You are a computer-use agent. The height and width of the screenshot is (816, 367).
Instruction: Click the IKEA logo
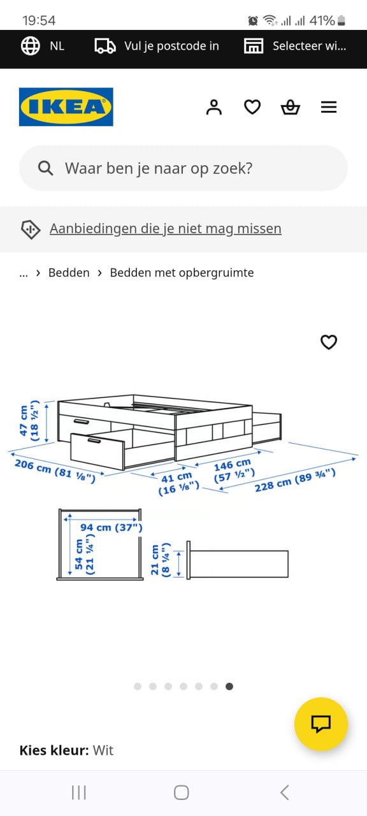click(x=66, y=106)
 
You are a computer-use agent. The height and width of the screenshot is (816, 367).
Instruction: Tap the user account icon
click(x=214, y=107)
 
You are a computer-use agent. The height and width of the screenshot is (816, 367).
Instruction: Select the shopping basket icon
click(x=290, y=107)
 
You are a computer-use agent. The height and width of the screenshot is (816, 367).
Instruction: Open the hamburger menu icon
click(x=329, y=107)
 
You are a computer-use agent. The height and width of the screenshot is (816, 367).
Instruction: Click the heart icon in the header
click(x=252, y=107)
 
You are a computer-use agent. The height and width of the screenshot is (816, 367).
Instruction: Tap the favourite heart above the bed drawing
click(x=329, y=342)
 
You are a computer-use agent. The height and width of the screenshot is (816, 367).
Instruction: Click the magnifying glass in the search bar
click(x=45, y=168)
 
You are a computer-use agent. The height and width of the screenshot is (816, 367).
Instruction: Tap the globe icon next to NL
click(x=31, y=46)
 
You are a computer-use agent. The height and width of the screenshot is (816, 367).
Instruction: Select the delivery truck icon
click(x=105, y=47)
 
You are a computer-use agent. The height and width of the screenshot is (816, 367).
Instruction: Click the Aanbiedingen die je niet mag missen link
click(x=165, y=229)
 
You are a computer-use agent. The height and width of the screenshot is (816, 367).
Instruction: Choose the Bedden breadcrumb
click(x=69, y=272)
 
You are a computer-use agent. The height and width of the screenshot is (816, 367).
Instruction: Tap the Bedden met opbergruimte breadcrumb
click(x=182, y=273)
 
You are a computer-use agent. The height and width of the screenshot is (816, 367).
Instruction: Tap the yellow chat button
click(x=320, y=724)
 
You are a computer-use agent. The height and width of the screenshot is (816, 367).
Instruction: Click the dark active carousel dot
click(x=229, y=687)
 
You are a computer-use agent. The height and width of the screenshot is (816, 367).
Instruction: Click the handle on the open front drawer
click(x=94, y=441)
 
